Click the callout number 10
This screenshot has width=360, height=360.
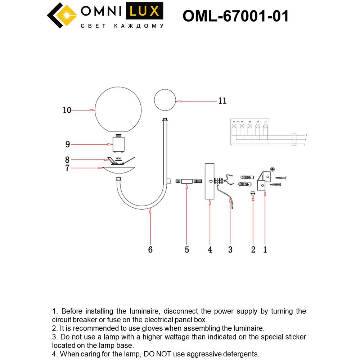67,110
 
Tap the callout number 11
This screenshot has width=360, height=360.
222,101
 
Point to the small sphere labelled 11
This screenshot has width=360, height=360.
165,100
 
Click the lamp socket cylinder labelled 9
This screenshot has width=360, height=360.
118,144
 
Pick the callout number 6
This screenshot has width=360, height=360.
150,249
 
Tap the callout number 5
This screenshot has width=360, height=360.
187,249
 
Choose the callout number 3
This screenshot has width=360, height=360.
230,249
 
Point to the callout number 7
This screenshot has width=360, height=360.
67,168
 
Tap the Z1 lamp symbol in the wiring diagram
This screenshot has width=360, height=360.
265,126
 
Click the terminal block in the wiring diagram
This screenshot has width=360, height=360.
294,139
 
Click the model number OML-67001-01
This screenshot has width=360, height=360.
236,16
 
